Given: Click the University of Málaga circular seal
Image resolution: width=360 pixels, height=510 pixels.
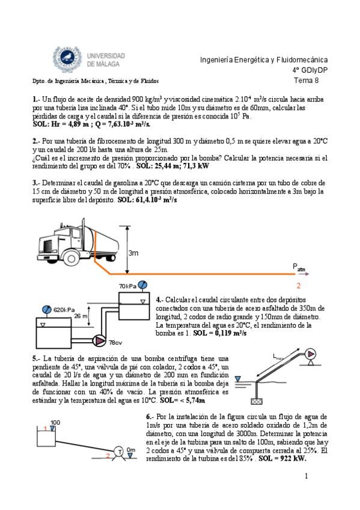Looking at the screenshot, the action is (67, 59).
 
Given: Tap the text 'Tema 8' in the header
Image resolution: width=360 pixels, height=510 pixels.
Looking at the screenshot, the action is (306, 81).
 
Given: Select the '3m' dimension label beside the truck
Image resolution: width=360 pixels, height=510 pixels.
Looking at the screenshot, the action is (133, 253).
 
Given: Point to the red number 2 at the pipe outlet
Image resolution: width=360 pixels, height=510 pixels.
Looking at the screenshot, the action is (298, 286).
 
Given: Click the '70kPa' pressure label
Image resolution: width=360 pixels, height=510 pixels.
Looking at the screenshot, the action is (127, 286).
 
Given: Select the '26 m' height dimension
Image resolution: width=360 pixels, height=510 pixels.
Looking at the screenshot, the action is (81, 316).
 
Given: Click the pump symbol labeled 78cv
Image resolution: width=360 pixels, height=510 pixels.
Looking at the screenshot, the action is (99, 340).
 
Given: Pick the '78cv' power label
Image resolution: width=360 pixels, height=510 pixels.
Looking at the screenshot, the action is (115, 342).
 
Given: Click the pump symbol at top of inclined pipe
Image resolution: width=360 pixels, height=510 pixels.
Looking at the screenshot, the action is (311, 354).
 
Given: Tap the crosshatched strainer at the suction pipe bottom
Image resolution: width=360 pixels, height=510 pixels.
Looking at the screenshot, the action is (257, 401).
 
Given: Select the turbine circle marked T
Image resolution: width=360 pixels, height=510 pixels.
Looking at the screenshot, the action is (120, 452).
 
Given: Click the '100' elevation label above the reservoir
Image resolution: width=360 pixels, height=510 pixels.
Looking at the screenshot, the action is (55, 423).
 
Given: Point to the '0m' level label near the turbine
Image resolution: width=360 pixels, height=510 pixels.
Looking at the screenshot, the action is (131, 450).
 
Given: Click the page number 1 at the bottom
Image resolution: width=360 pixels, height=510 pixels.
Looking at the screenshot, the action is (306, 476).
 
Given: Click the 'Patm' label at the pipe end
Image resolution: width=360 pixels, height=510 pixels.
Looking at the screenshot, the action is (299, 267).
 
